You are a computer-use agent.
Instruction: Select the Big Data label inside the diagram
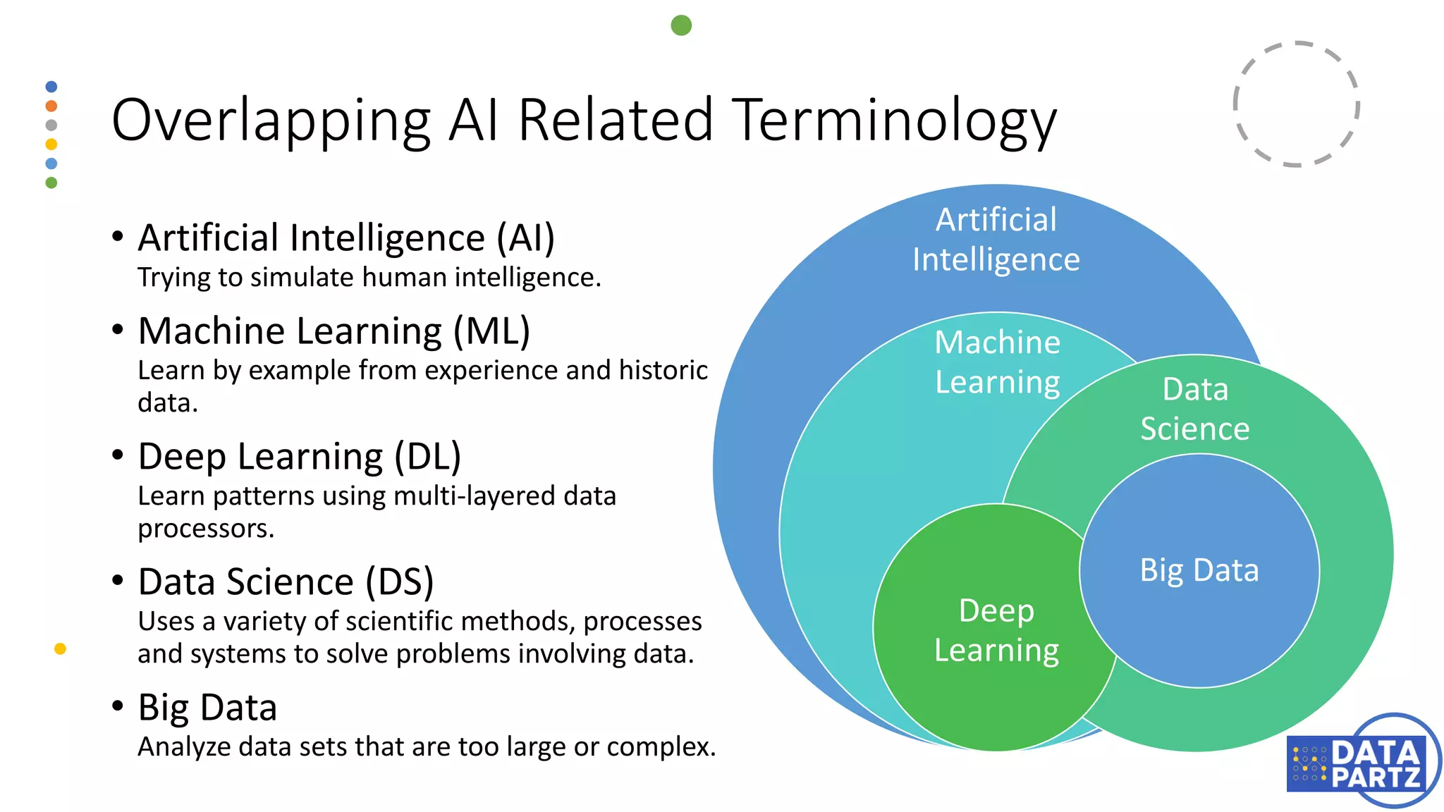tap(1199, 570)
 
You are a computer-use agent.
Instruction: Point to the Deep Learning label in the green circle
tap(996, 630)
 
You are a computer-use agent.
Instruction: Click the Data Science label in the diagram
tap(1195, 409)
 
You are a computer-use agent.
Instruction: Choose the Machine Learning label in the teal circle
tap(997, 362)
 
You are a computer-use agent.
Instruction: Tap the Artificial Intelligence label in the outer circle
tap(996, 240)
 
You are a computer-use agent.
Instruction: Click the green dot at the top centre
tap(681, 25)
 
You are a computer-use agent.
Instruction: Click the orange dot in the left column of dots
tap(51, 106)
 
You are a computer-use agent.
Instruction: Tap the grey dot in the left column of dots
tap(51, 125)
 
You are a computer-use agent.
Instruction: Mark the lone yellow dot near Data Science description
tap(60, 648)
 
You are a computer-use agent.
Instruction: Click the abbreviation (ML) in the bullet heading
tap(491, 331)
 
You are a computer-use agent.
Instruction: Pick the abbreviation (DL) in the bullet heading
tap(427, 457)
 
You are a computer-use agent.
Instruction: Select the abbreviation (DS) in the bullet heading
tap(399, 582)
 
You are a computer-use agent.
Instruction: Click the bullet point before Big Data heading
tap(118, 706)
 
